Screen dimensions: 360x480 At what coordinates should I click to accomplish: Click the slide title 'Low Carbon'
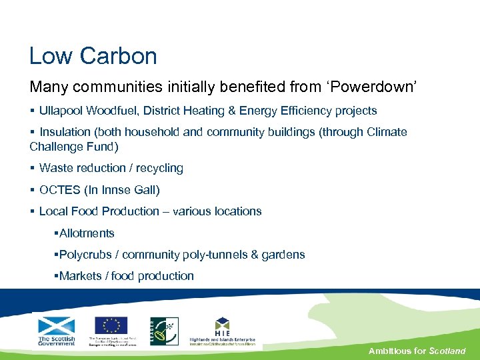(x=93, y=56)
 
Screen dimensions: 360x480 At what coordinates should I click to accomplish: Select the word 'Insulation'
(x=67, y=132)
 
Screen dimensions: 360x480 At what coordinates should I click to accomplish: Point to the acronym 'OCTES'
(x=59, y=190)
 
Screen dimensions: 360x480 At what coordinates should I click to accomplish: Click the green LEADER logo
(x=163, y=331)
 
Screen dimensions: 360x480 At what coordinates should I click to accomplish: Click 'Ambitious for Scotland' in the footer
(x=417, y=351)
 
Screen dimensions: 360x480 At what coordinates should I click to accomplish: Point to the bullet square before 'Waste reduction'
(x=32, y=168)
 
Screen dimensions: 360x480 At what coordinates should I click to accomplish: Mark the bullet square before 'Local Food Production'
(x=32, y=211)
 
